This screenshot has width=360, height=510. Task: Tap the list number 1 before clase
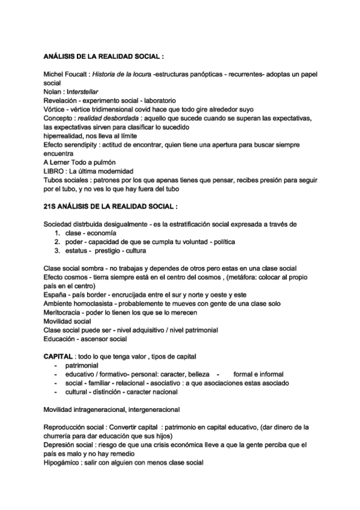pos(56,233)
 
